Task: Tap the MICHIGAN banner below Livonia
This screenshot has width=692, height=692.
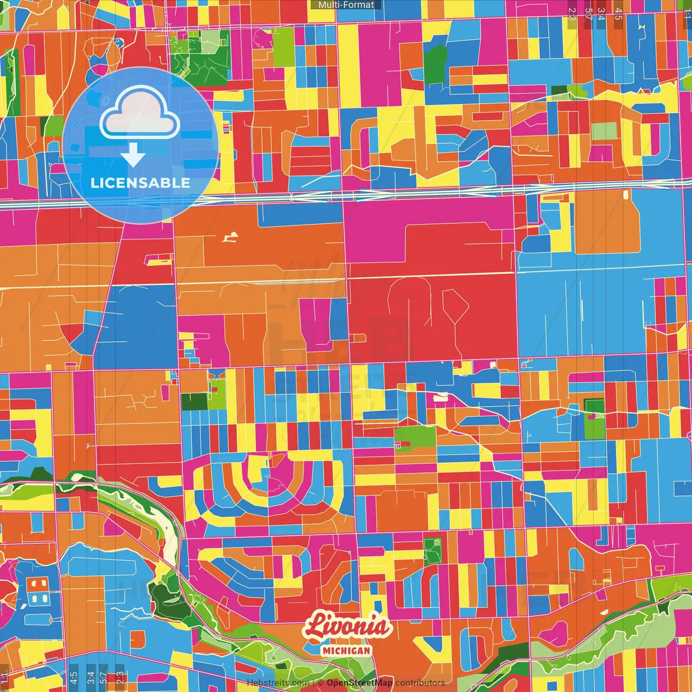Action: pos(346,650)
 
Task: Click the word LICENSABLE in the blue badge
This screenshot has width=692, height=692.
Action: pos(140,183)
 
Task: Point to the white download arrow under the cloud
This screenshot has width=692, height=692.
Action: pos(133,155)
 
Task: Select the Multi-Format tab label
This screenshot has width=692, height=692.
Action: pos(346,5)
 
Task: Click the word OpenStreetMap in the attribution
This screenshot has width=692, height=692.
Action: pos(360,683)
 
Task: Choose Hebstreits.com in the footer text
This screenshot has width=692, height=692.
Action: pos(278,683)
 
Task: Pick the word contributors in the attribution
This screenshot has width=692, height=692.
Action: pos(420,683)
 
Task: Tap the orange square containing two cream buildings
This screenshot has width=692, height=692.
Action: pos(37,584)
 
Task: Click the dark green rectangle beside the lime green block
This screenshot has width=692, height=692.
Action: pos(194,402)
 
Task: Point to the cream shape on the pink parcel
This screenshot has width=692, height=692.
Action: pos(441,397)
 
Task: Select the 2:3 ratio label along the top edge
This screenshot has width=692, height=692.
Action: pos(572,14)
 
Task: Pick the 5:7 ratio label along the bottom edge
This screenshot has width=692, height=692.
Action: pos(103,677)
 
